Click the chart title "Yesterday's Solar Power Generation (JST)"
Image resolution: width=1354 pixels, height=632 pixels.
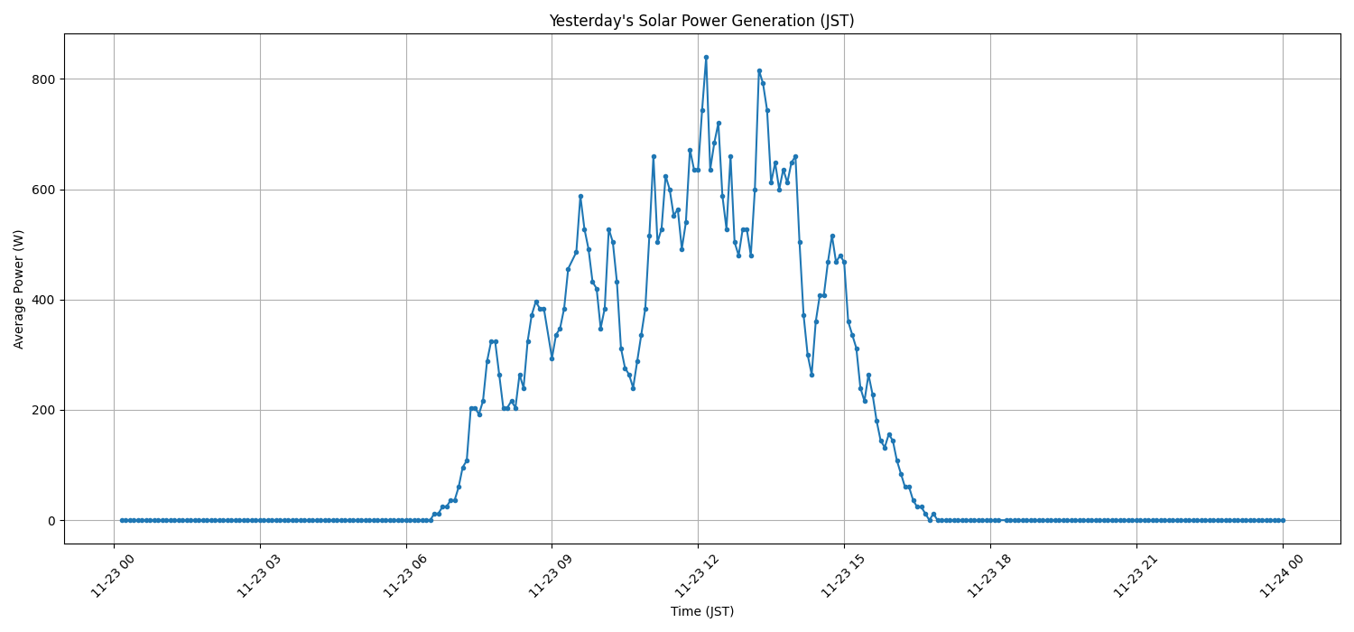pos(701,21)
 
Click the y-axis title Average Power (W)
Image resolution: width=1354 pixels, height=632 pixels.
pos(19,289)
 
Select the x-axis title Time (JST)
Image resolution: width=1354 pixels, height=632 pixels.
pos(701,611)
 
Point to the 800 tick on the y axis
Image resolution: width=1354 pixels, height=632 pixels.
pos(43,79)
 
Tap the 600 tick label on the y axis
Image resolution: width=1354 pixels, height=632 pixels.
pos(43,190)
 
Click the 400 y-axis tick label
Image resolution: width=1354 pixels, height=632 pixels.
pos(43,300)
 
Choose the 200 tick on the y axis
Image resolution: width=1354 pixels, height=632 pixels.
pos(43,410)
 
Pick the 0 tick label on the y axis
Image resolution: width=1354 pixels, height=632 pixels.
pos(51,521)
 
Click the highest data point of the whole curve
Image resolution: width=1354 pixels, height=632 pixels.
pos(706,57)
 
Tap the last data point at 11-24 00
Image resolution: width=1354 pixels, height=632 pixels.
pos(1283,520)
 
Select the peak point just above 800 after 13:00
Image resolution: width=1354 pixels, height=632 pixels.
pos(759,70)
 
